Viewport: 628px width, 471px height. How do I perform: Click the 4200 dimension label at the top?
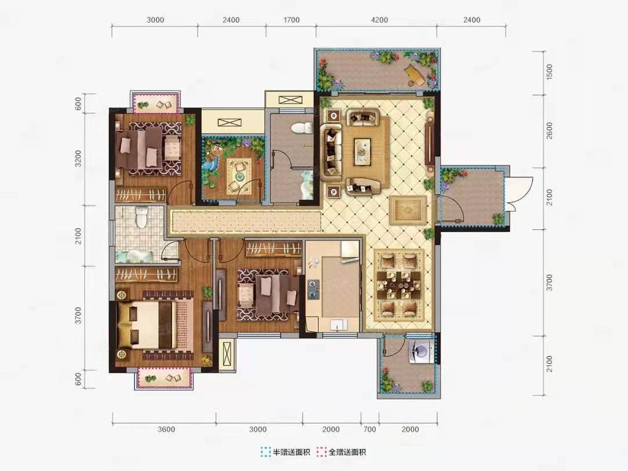click(379, 20)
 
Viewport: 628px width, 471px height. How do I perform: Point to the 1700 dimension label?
click(291, 20)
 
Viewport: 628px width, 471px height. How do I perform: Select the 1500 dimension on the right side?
click(550, 72)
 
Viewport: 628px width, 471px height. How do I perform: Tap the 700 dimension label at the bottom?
click(370, 429)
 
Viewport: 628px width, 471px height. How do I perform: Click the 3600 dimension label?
click(166, 429)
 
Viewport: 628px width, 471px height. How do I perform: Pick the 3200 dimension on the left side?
click(78, 158)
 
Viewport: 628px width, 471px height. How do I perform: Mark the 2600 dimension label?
click(550, 131)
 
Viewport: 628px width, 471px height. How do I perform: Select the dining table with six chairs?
click(398, 285)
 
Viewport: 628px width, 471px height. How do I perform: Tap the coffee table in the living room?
click(364, 151)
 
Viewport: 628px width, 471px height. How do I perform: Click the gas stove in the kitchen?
click(313, 289)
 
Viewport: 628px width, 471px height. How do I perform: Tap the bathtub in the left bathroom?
click(132, 256)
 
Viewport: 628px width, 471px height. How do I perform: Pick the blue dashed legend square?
click(265, 452)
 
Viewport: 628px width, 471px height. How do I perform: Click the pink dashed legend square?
click(321, 452)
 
